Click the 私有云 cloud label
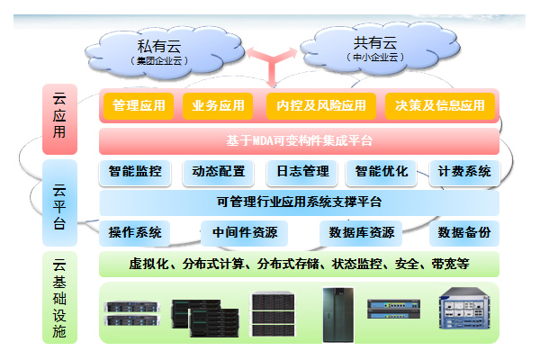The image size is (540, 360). point(159,46)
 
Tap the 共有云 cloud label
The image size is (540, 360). point(375,42)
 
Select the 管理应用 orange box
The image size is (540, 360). point(139,106)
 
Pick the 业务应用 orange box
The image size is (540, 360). point(218,106)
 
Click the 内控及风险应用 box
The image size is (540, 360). point(321,106)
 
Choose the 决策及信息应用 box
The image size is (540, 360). point(440,106)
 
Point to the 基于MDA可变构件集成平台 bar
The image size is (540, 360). point(299,141)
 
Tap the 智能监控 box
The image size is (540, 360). point(135,172)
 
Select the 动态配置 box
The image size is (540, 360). point(219,172)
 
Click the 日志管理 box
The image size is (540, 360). point(302,172)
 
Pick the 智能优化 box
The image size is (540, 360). point(382,172)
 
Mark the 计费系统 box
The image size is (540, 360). point(464,172)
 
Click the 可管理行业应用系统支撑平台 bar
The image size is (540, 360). point(299,202)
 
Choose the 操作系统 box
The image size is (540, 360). point(135,233)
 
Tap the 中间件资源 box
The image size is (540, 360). point(245,233)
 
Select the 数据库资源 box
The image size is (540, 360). point(361,233)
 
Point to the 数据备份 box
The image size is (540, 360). point(464,233)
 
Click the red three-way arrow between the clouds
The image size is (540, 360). point(272,64)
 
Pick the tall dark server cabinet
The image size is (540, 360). point(338,315)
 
